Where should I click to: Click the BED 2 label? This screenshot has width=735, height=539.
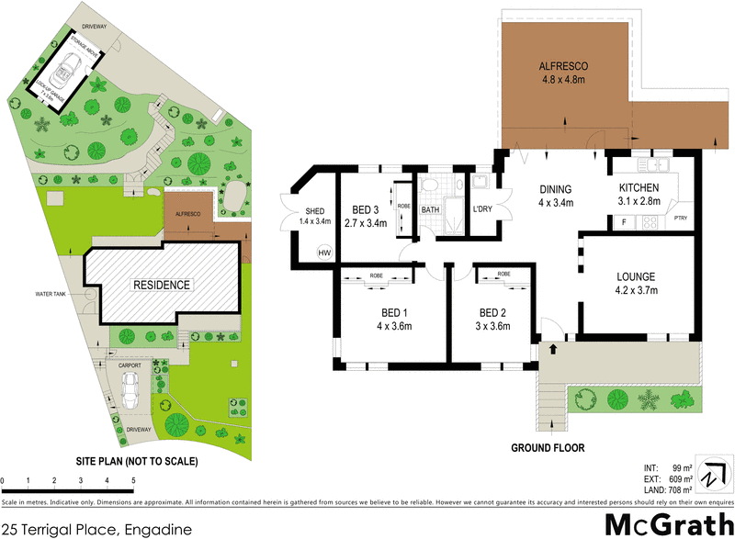point(492,311)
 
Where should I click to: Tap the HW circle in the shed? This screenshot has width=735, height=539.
point(323,253)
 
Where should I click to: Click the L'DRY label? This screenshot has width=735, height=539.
point(483,209)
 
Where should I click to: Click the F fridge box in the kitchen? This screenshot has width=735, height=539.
point(623,222)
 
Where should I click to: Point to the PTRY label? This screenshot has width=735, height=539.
point(681,218)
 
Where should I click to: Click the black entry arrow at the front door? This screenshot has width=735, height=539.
point(553,349)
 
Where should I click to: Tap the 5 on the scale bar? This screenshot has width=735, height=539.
point(134,480)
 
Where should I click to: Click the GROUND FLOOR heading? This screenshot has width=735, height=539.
point(548,448)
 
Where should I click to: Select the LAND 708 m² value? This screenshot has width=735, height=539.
point(675,490)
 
